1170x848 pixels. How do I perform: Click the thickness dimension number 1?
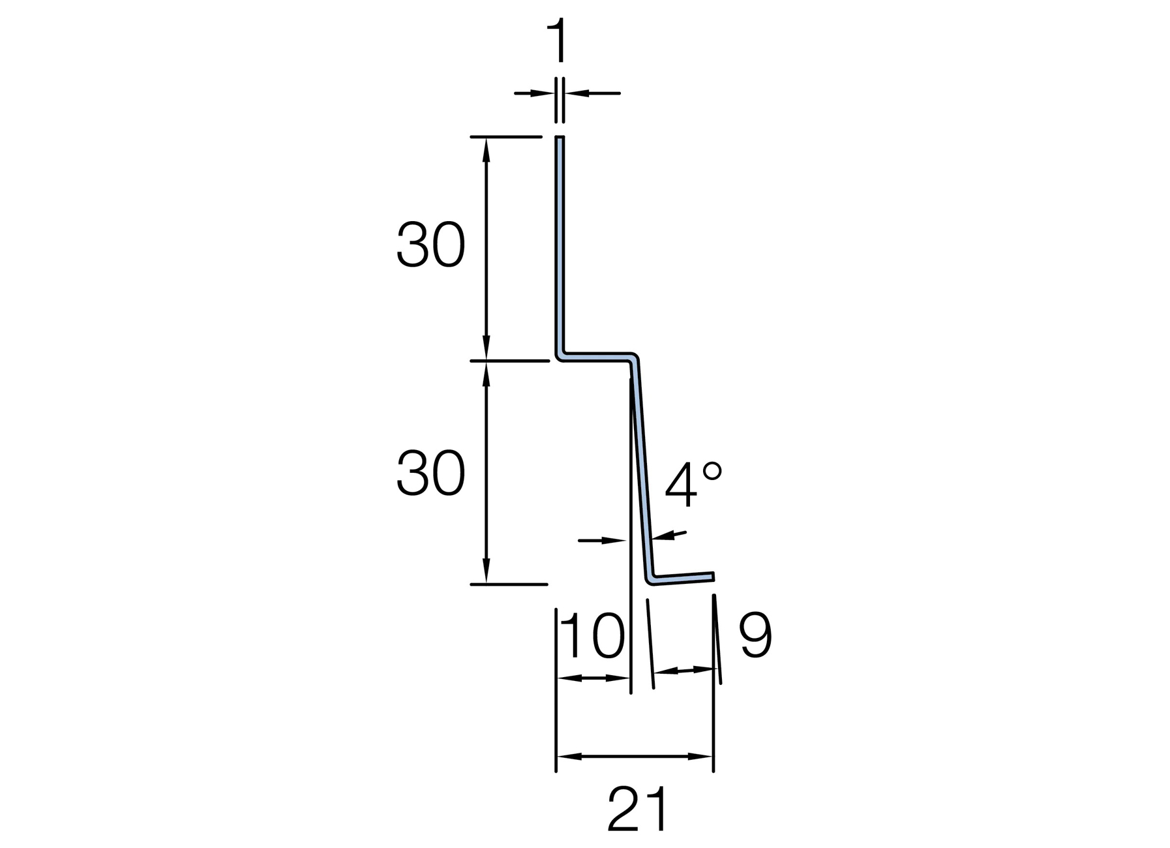[x=559, y=40]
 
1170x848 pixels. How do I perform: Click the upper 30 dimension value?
[x=430, y=245]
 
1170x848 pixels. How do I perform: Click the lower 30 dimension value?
[x=430, y=473]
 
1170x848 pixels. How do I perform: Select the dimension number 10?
[x=592, y=636]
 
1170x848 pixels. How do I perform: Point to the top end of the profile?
[x=560, y=139]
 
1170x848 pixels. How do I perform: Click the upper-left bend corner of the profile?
[x=560, y=356]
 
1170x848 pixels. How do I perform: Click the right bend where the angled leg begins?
[x=634, y=358]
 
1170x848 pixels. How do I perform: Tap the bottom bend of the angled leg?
[x=650, y=580]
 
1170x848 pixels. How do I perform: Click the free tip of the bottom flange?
[x=712, y=576]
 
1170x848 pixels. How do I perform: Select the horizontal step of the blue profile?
[x=597, y=357]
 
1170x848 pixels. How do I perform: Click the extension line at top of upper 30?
[x=506, y=137]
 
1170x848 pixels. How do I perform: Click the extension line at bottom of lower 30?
[x=509, y=584]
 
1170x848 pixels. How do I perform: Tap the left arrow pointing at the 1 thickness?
[x=534, y=93]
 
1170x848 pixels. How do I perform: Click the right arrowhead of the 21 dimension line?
[x=702, y=757]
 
